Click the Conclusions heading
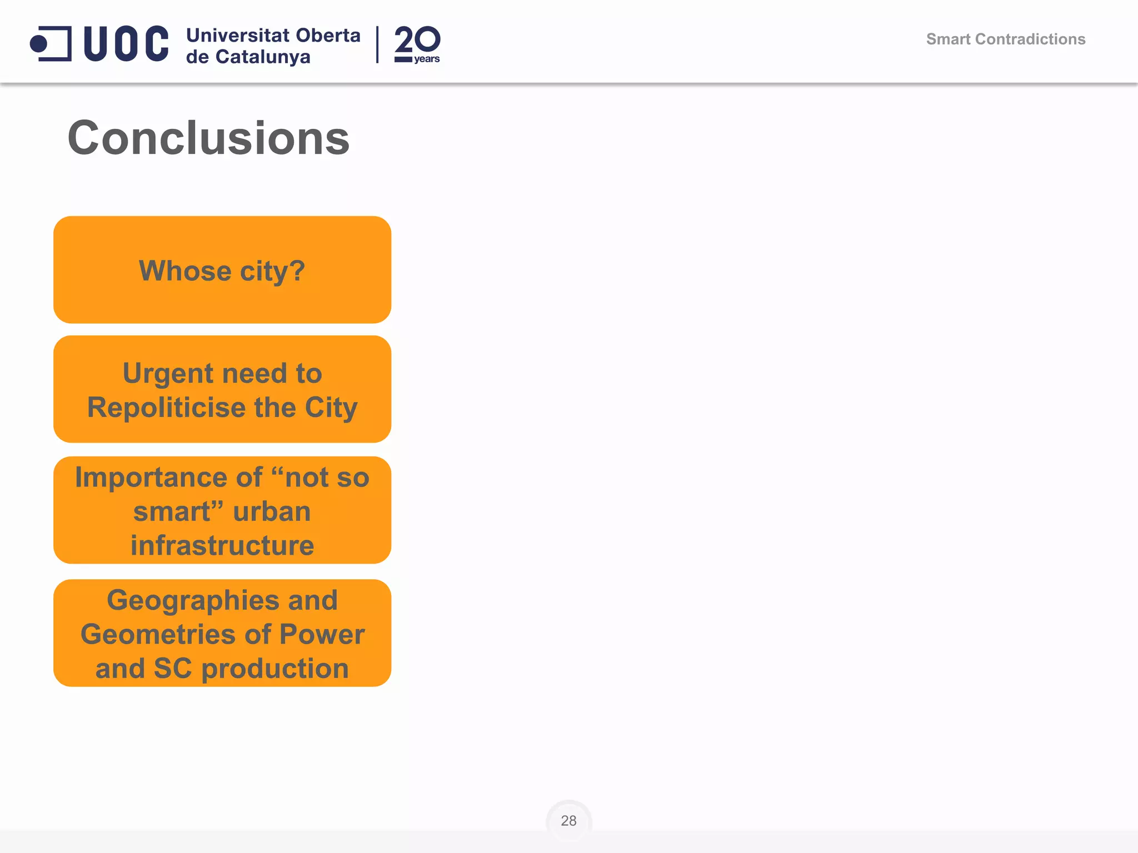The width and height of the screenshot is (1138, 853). (x=208, y=138)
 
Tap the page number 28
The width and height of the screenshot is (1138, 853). (x=568, y=820)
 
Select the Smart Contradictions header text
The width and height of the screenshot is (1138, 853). (x=1005, y=39)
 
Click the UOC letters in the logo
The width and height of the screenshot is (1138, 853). (x=126, y=43)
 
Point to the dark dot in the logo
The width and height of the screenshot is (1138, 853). (x=39, y=43)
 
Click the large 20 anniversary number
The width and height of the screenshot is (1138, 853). (x=417, y=39)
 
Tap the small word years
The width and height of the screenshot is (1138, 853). (x=427, y=59)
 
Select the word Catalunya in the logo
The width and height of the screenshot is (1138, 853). (x=263, y=57)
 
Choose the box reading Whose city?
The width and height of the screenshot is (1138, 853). (x=222, y=270)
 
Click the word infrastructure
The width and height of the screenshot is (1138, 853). (x=222, y=545)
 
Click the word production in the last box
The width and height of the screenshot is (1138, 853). (x=275, y=669)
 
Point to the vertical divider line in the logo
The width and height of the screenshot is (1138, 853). (x=377, y=44)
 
